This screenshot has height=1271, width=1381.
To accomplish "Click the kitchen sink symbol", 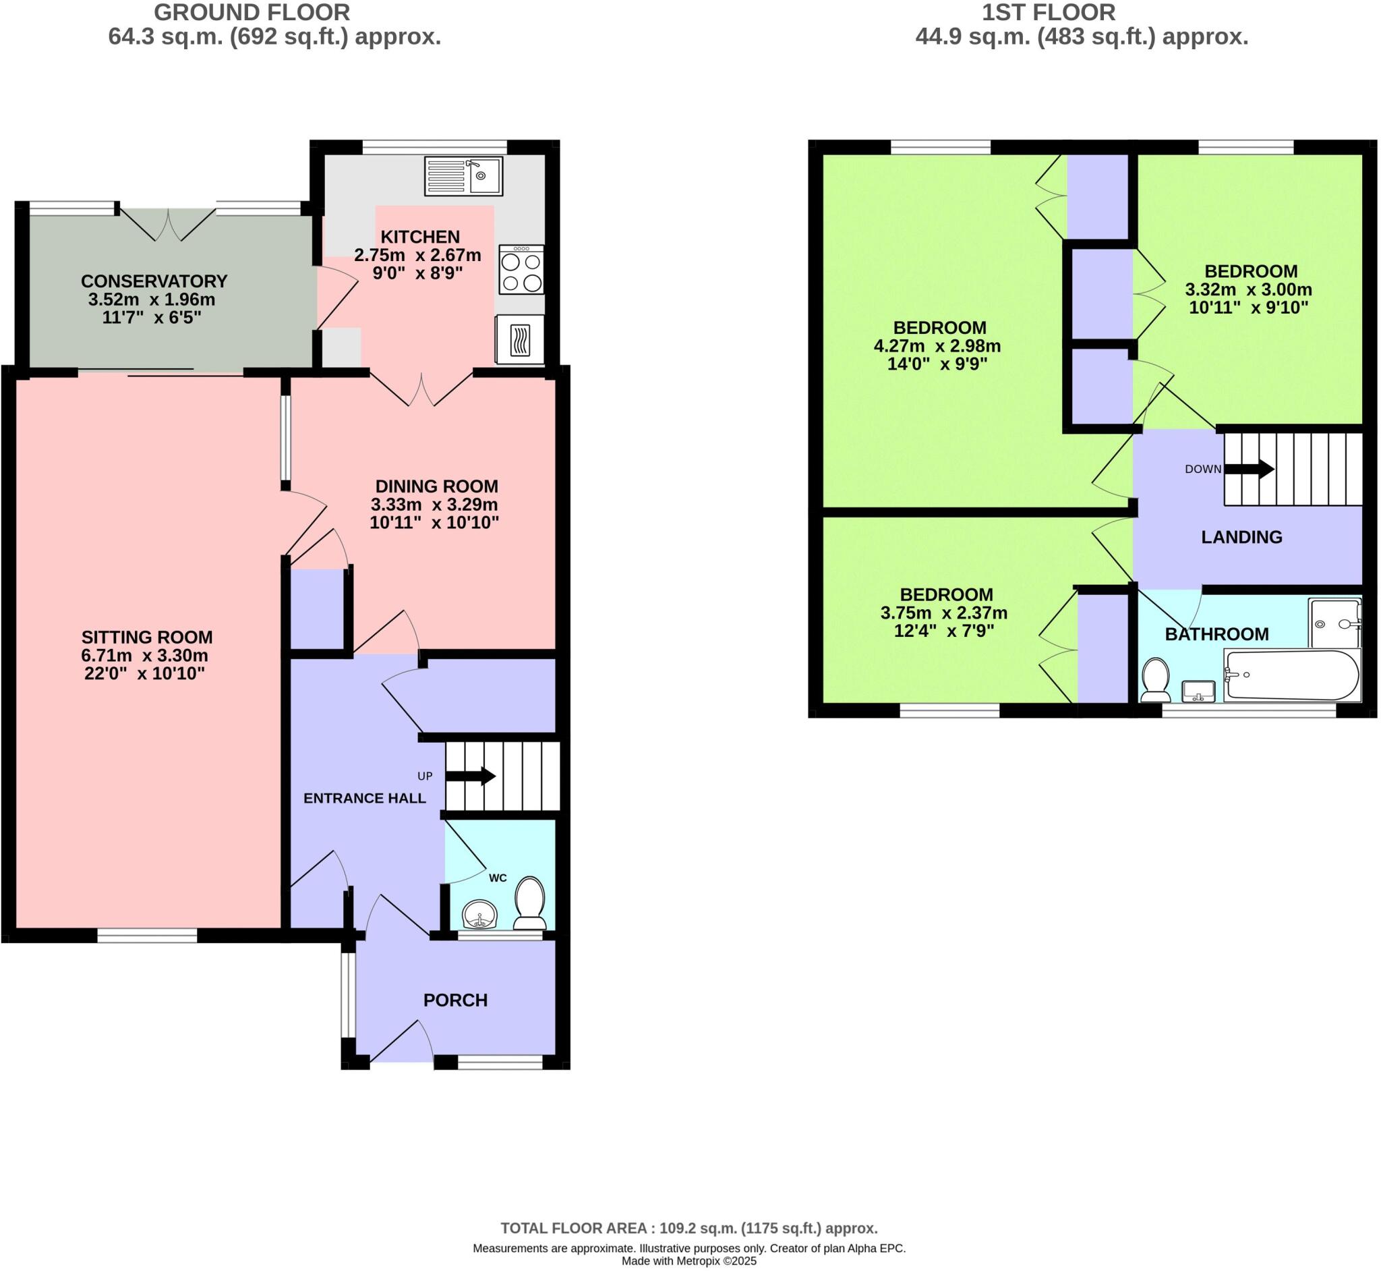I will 463,176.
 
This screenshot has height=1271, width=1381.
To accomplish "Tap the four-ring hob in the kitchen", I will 521,271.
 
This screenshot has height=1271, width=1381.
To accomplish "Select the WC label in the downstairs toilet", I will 498,878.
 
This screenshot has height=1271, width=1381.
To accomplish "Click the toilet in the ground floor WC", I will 530,903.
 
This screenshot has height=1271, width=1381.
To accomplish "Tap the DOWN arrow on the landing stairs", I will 1249,469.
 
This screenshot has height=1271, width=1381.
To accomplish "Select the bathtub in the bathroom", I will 1291,675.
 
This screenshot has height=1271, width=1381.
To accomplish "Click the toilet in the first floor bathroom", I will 1156,680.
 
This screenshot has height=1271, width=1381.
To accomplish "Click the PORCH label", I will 455,1000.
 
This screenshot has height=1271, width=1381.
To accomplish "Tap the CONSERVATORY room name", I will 154,281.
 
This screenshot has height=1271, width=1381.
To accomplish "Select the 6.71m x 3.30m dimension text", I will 144,656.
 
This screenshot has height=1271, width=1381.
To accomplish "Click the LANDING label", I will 1241,537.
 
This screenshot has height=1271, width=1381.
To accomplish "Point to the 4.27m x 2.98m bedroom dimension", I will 937,346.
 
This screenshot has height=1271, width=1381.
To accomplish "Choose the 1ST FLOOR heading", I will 1049,12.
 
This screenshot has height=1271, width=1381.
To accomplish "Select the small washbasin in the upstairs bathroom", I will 1198,691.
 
